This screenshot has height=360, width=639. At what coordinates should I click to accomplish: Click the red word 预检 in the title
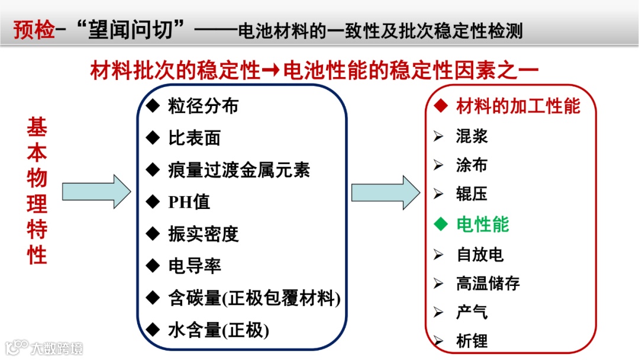(x=34, y=30)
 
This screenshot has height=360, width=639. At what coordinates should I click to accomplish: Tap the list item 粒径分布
(x=203, y=107)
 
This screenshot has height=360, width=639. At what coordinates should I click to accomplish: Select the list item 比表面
(x=194, y=138)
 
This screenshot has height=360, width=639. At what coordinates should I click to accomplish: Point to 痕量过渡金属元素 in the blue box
(x=238, y=170)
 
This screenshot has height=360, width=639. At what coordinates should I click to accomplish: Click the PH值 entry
(x=189, y=202)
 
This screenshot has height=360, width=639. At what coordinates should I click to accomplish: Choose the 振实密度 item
(x=203, y=234)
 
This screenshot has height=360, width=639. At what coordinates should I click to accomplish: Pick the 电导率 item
(x=194, y=266)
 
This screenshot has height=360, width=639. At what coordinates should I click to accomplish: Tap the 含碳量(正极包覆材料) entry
(x=254, y=298)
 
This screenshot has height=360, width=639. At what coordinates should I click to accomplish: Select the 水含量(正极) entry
(x=218, y=330)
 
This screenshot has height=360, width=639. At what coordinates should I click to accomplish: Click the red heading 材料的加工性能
(x=518, y=107)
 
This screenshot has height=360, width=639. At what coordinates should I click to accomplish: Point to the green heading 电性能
(x=482, y=225)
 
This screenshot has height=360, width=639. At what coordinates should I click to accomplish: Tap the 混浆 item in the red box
(x=472, y=136)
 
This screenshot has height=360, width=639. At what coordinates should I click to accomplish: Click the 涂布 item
(x=472, y=165)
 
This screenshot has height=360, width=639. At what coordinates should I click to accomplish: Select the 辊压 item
(x=472, y=194)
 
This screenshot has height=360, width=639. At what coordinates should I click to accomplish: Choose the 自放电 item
(x=479, y=255)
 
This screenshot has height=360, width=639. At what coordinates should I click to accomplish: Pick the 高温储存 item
(x=488, y=284)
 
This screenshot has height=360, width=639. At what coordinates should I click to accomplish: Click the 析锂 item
(x=472, y=341)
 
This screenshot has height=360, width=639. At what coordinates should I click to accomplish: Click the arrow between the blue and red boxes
(x=386, y=192)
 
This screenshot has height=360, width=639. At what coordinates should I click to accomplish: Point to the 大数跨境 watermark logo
(x=44, y=348)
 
